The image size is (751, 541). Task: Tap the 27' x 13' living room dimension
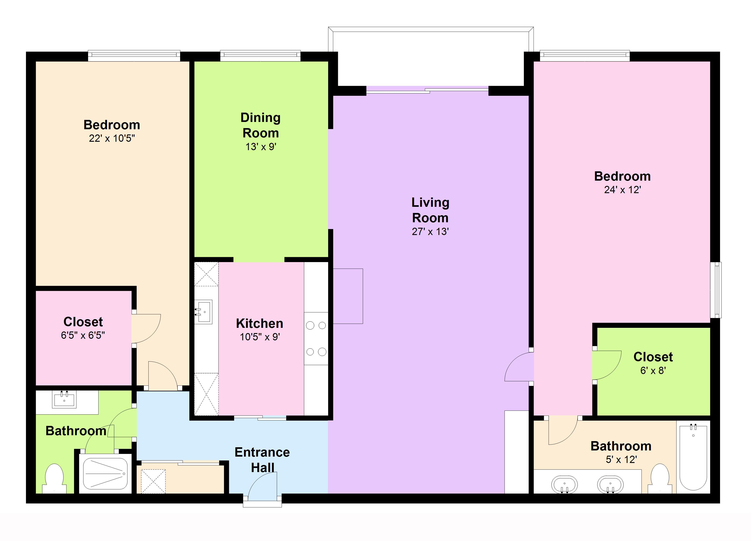(430, 231)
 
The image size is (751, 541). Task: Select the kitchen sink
(203, 312)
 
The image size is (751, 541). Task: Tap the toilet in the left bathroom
(54, 479)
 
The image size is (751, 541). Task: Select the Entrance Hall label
(262, 460)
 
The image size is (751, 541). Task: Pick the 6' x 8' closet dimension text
(653, 371)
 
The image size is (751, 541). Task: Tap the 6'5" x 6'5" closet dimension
(83, 335)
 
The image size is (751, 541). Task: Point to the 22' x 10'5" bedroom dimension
(112, 138)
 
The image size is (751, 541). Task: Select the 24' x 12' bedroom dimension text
(622, 190)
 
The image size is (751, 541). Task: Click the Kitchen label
(260, 324)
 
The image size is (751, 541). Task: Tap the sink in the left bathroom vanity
(64, 399)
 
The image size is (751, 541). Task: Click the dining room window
(260, 56)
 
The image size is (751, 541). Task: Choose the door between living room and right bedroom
(519, 367)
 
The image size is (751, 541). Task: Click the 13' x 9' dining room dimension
(261, 147)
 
